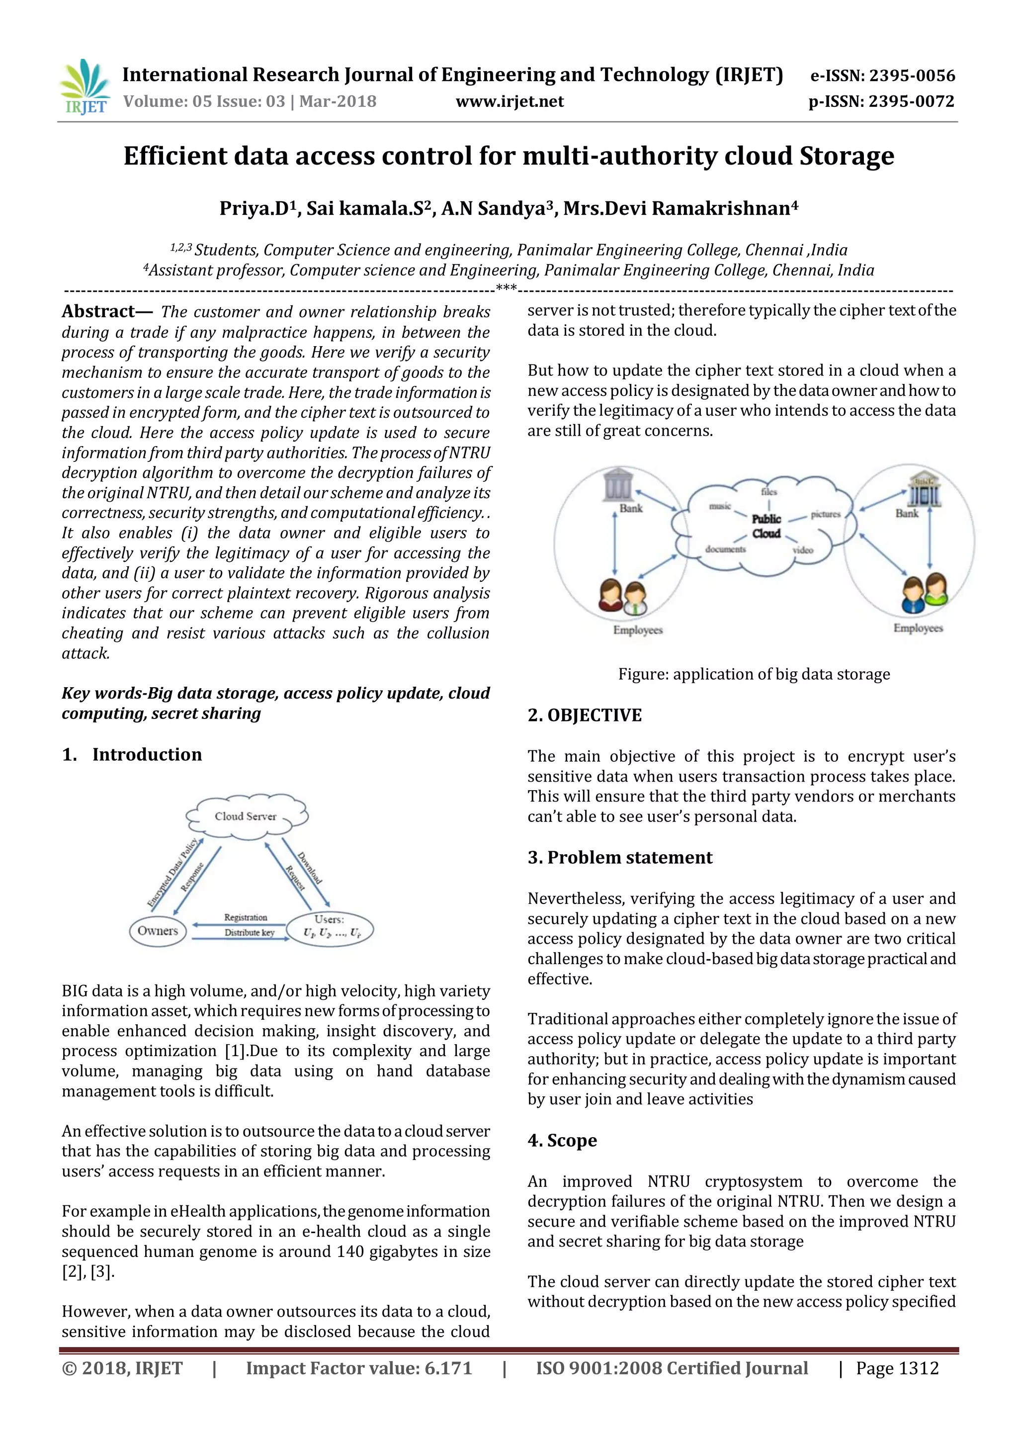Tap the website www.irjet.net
[x=509, y=101]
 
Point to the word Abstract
[x=98, y=312]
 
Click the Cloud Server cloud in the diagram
[x=246, y=816]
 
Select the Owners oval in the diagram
[x=158, y=931]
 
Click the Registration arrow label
[x=246, y=917]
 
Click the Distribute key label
[x=250, y=933]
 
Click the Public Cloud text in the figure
[x=766, y=526]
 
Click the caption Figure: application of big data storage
[x=754, y=674]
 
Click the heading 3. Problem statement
[x=619, y=857]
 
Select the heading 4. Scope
[x=562, y=1140]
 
